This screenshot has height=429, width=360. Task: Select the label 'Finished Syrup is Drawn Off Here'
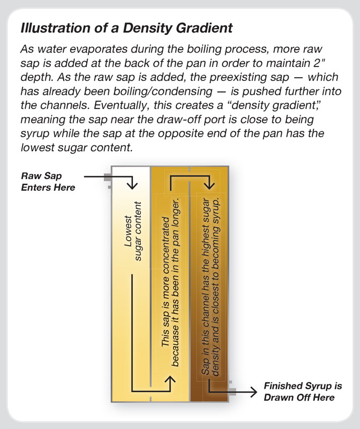pos(299,392)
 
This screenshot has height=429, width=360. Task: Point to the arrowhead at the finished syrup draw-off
pos(254,392)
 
